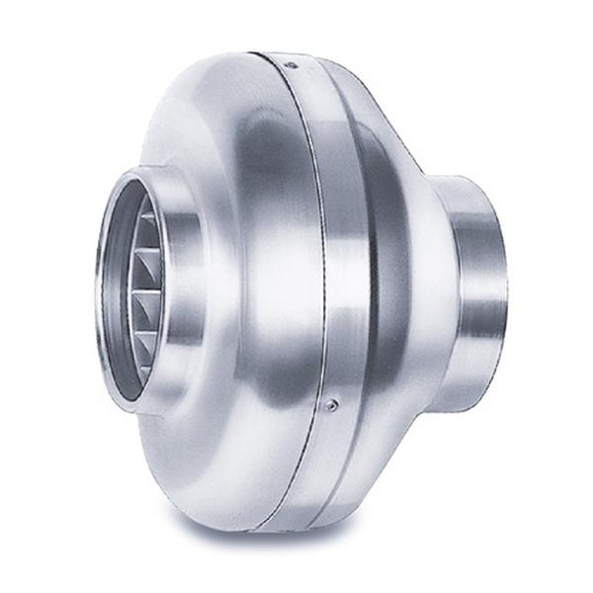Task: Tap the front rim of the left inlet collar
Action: [x=102, y=287]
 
